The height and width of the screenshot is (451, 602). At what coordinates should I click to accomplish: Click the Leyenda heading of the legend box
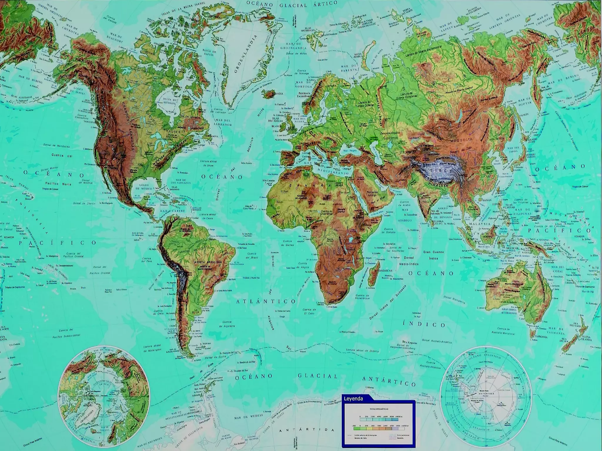tap(355, 399)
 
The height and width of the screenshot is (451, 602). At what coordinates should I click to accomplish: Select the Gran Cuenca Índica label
tap(432, 255)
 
